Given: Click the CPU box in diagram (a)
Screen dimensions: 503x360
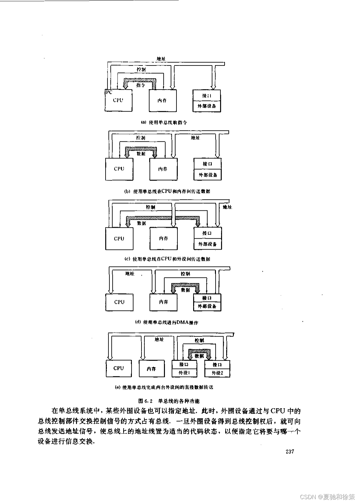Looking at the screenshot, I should pos(118,100).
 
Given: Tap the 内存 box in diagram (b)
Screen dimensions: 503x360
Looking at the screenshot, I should pos(163,169).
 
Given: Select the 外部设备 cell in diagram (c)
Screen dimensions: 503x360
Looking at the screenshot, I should pos(208,244).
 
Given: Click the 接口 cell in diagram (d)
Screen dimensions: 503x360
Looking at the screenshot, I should pos(207,298).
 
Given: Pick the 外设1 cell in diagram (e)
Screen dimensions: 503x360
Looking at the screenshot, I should pos(184,373).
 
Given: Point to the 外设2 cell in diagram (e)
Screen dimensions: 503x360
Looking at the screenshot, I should pos(217,373).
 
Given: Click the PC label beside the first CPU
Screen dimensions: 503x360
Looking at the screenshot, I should pos(109,92).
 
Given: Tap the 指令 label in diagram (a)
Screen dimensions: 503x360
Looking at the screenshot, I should pos(141,85).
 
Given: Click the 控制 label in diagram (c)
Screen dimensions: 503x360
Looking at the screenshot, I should pos(150,207).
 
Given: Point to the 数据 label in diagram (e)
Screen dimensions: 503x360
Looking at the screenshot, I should pos(199,356).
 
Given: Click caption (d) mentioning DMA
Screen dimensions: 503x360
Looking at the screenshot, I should pos(167,322).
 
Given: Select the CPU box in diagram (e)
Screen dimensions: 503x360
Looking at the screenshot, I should pos(119,368).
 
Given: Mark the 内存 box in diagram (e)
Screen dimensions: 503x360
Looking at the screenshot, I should pos(151,369).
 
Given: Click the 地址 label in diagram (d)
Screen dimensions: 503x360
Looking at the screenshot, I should pos(130,274).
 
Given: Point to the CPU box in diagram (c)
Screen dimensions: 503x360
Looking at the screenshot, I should pos(119,239).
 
